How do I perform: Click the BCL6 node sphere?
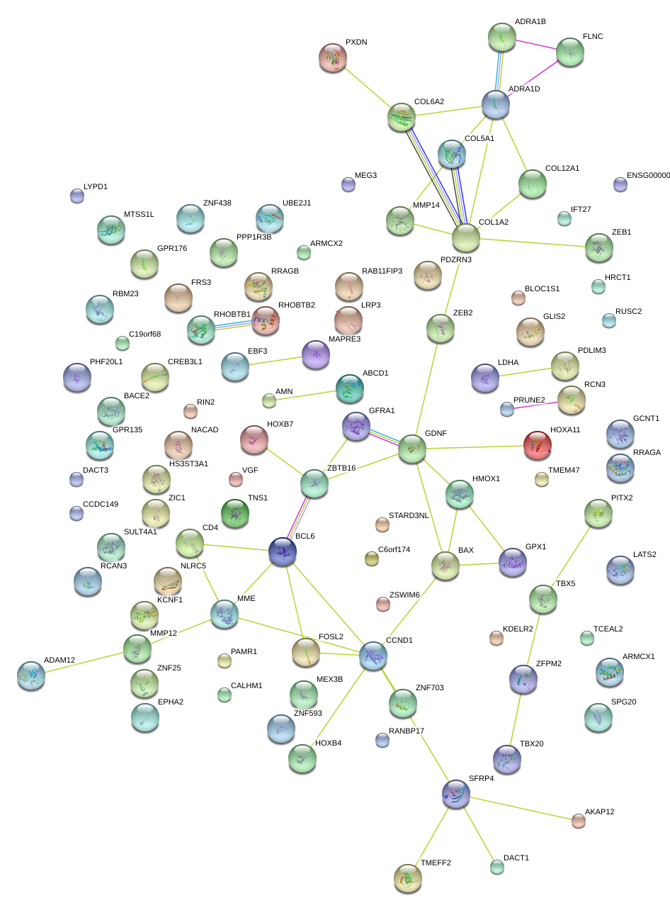[x=282, y=552]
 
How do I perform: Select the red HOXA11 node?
[x=537, y=444]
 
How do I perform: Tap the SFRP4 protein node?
[x=455, y=794]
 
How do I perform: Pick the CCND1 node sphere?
[x=373, y=656]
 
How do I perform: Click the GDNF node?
[x=412, y=449]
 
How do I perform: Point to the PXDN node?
[x=333, y=57]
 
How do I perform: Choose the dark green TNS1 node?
[x=235, y=513]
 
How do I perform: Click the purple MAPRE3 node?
[x=316, y=354]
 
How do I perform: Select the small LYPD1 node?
[x=77, y=196]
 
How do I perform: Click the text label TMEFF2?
[x=436, y=863]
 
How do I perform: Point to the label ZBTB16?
[x=341, y=468]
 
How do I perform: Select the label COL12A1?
[x=562, y=169]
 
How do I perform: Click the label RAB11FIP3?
[x=382, y=271]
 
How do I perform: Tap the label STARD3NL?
[x=409, y=515]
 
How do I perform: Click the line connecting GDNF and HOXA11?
[x=475, y=447]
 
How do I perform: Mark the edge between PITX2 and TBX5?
[x=571, y=556]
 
